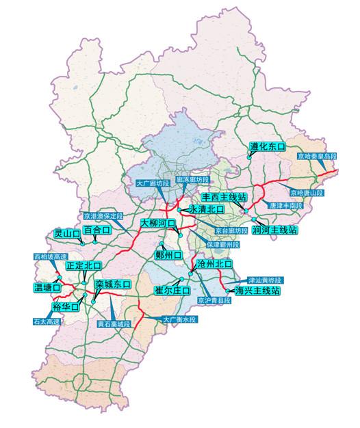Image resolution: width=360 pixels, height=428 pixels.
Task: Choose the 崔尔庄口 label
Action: click(x=171, y=290)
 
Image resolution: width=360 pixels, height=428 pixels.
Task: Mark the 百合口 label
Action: click(x=97, y=230)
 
